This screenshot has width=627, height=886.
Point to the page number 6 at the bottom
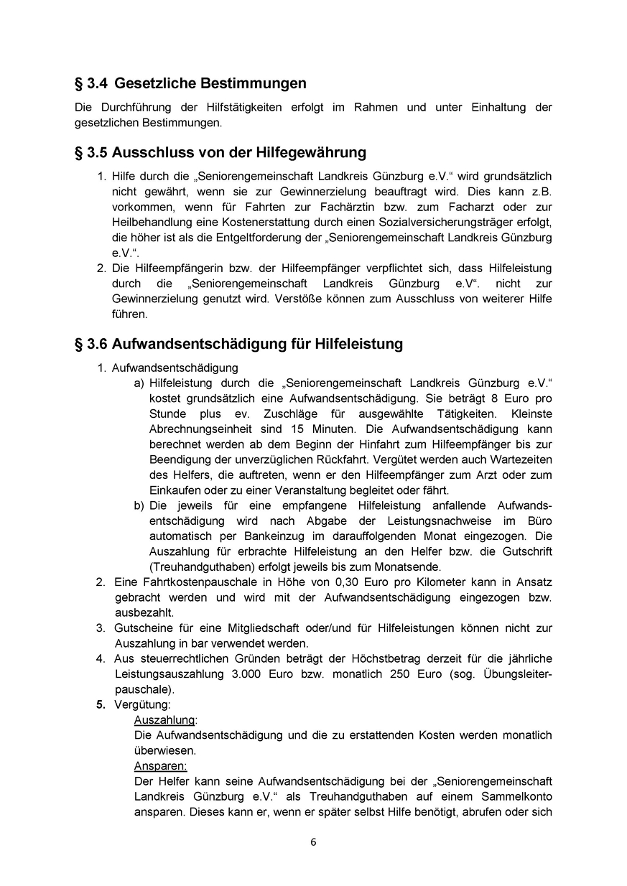(x=313, y=842)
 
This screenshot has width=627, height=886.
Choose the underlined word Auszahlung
(x=164, y=720)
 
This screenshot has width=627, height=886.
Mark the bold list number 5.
(x=101, y=705)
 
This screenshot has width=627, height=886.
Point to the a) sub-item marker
(x=139, y=383)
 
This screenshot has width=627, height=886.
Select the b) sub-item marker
(x=139, y=506)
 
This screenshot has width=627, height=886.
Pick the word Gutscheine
(x=141, y=628)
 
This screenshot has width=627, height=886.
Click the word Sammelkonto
(x=515, y=797)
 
